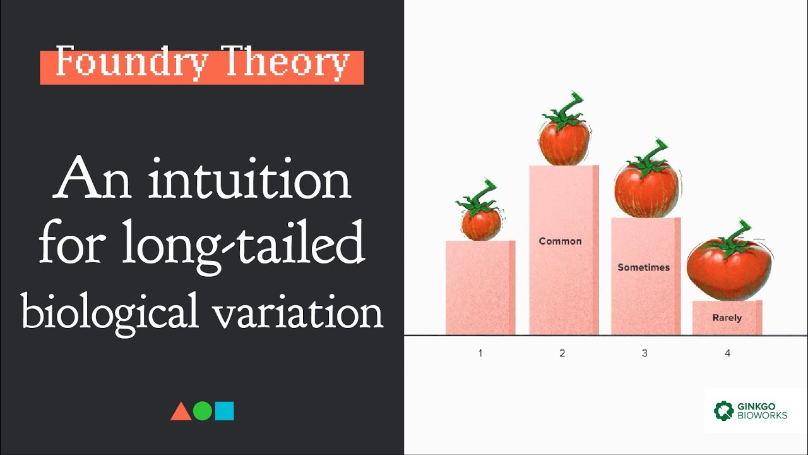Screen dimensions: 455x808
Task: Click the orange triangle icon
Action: (181, 411)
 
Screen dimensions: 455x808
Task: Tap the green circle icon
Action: (202, 411)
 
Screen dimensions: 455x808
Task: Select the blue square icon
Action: (224, 411)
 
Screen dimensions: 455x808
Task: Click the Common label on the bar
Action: (560, 241)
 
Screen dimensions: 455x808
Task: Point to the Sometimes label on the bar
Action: (643, 267)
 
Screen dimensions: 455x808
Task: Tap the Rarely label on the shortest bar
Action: (727, 318)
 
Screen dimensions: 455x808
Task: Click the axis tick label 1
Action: (480, 353)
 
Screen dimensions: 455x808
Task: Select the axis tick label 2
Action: (562, 353)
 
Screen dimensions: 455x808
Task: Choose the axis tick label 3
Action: (645, 353)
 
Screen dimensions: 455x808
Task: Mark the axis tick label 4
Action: (727, 353)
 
